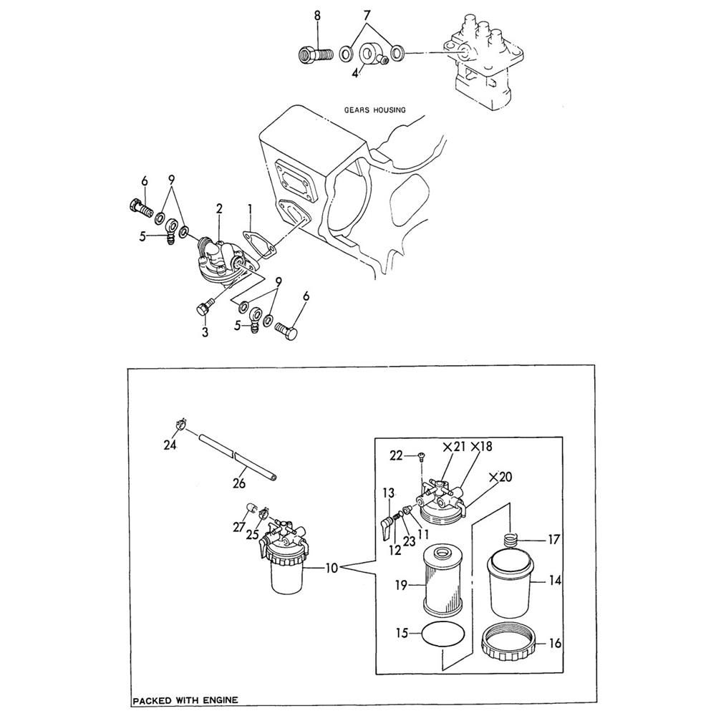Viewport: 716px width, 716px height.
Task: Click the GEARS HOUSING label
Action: coord(374,110)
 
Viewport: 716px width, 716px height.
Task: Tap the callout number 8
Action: coord(318,15)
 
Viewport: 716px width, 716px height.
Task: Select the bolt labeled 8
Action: coord(316,53)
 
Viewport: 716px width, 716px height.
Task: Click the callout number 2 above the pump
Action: coord(219,208)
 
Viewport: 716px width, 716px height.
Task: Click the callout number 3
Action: coord(205,333)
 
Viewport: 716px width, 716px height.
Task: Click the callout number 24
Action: coord(170,445)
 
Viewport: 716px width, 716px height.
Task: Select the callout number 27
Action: coord(238,528)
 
